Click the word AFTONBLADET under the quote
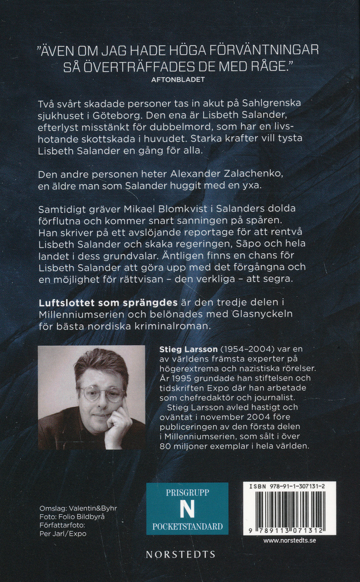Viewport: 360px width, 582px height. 178,79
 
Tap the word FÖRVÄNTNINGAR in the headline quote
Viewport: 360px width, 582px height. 264,50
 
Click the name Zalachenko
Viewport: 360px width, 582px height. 252,174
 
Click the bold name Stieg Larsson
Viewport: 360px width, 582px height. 188,349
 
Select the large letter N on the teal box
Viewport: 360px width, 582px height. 187,509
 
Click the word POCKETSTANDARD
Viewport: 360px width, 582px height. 187,526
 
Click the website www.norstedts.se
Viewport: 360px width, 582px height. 289,541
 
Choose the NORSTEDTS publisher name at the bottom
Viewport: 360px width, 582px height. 181,554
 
